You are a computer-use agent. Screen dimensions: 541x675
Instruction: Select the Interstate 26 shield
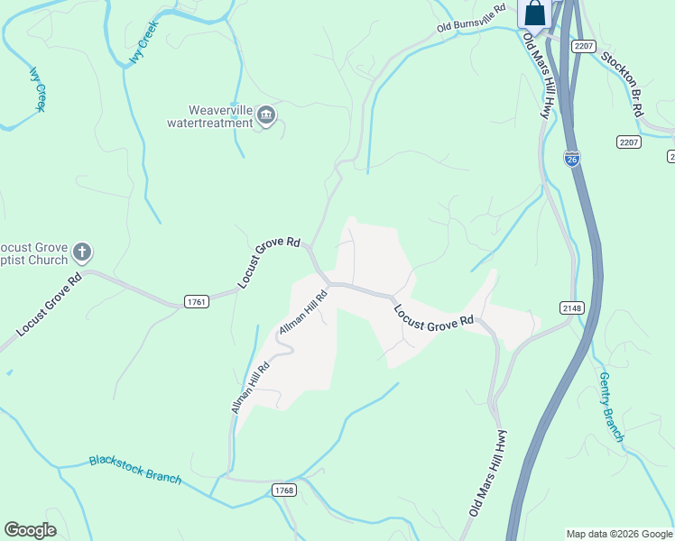pyautogui.click(x=572, y=159)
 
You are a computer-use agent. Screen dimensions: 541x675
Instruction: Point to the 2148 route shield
pyautogui.click(x=571, y=307)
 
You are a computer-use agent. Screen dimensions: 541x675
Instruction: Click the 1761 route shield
pyautogui.click(x=196, y=301)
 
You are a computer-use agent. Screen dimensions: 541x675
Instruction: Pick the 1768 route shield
pyautogui.click(x=283, y=490)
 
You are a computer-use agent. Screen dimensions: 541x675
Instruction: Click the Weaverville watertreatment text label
pyautogui.click(x=220, y=116)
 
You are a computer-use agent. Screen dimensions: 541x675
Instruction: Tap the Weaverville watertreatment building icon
pyautogui.click(x=266, y=115)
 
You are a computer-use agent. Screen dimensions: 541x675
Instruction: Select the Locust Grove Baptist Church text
pyautogui.click(x=33, y=254)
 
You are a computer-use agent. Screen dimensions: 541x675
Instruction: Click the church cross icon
pyautogui.click(x=81, y=252)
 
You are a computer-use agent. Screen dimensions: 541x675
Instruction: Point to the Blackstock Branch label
pyautogui.click(x=135, y=470)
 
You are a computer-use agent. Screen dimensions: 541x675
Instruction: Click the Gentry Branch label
pyautogui.click(x=611, y=407)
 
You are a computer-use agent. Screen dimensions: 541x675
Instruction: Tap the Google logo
pyautogui.click(x=30, y=529)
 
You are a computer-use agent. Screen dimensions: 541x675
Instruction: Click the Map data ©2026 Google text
pyautogui.click(x=618, y=533)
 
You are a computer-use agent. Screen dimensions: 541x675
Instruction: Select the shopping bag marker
pyautogui.click(x=534, y=14)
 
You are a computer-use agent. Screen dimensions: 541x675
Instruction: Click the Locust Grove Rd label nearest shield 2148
pyautogui.click(x=433, y=316)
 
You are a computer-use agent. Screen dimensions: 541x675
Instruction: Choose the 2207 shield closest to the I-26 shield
pyautogui.click(x=629, y=142)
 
